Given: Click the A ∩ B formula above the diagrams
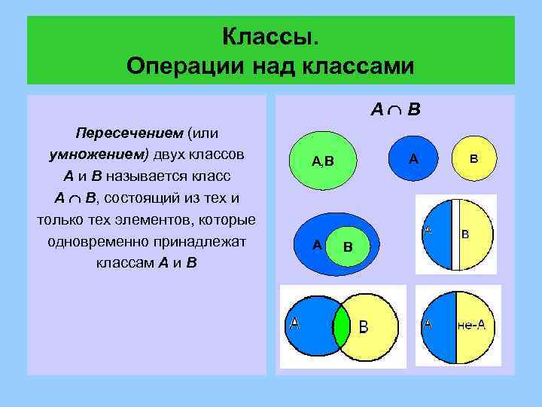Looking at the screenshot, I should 395,110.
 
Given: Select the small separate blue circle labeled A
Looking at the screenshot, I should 413,159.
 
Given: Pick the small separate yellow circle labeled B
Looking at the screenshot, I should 473,159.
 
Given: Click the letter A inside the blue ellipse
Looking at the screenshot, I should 317,245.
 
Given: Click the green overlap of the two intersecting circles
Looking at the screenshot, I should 343,325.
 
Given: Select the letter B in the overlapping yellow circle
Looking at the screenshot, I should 364,326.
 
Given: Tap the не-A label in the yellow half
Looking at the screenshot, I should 471,325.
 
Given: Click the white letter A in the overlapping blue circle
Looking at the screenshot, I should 294,323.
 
